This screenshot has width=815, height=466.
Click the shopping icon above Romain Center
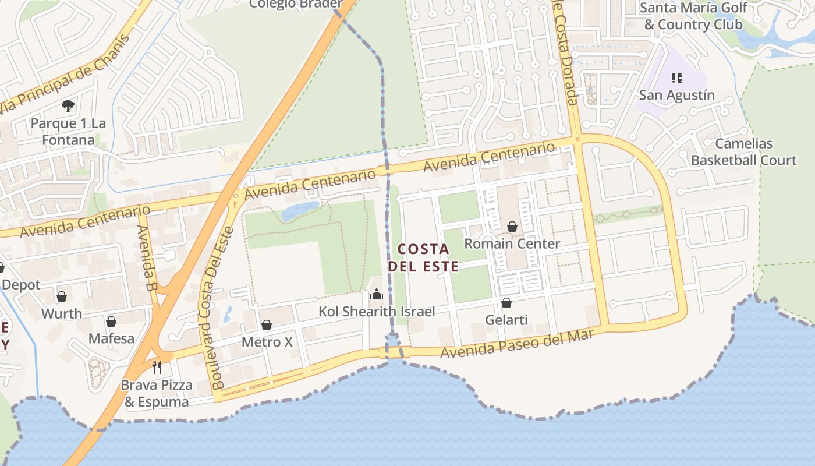tap(512, 227)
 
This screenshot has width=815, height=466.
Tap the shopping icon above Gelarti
tap(506, 303)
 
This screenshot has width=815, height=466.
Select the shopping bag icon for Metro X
tap(267, 325)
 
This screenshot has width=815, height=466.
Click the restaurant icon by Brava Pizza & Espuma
tap(156, 367)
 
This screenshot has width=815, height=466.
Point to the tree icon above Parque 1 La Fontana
tap(68, 106)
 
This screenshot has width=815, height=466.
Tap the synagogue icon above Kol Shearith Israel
tap(377, 294)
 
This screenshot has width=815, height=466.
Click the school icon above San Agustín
tap(676, 77)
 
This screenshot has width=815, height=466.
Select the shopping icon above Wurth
tap(62, 296)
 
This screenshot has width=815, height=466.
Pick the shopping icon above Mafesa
tap(111, 322)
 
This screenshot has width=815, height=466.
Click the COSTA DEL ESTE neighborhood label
tap(423, 257)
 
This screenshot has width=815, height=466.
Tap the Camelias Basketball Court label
tap(743, 151)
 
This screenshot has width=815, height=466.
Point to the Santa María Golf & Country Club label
tap(693, 16)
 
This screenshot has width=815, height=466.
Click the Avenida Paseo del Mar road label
tap(518, 344)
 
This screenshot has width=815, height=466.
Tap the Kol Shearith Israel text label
tap(377, 312)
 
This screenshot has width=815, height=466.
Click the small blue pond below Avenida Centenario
tap(300, 210)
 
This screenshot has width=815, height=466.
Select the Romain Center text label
tap(512, 243)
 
